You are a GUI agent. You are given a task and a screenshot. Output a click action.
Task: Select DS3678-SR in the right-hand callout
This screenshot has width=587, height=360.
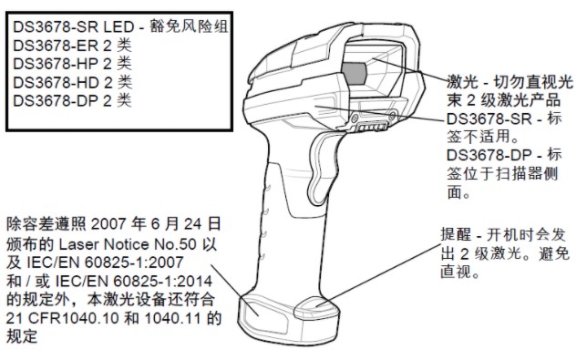click(493, 119)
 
